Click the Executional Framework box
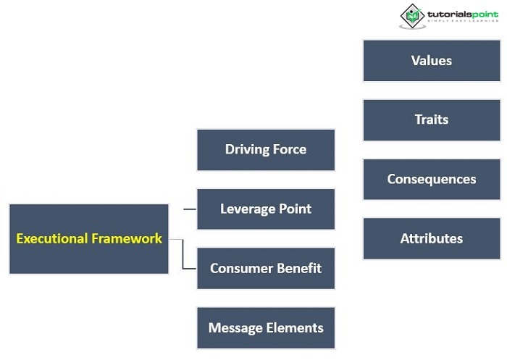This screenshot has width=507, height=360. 88,239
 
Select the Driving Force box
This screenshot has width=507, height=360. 266,150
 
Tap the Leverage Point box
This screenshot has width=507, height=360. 266,209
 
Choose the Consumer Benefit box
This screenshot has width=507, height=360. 266,269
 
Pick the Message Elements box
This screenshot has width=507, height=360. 266,328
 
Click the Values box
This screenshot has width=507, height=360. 432,61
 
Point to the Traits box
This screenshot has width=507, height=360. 432,120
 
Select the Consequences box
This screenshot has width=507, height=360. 432,180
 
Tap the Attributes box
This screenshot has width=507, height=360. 432,239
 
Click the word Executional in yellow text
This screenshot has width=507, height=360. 51,238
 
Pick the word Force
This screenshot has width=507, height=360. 290,150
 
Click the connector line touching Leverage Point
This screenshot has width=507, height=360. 190,209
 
